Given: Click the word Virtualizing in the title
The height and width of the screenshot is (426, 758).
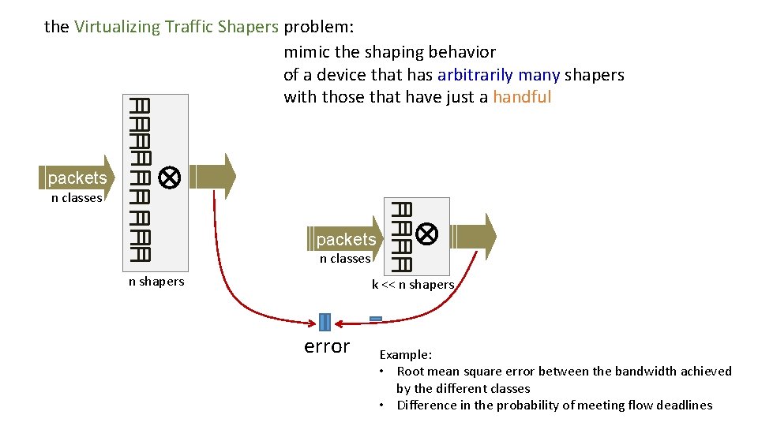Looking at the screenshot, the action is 117,27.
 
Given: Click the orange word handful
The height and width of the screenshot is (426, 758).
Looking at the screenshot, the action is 522,97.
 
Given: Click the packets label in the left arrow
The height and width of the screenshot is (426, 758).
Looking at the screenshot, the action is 77,177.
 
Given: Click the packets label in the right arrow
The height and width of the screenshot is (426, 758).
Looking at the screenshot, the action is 345,238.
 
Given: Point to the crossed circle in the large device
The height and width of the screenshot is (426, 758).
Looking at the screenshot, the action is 169,177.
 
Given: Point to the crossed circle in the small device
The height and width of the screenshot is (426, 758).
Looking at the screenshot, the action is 427,234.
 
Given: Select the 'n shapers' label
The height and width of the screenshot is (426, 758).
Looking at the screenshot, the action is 156,282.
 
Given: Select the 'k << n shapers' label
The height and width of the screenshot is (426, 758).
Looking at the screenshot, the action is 413,285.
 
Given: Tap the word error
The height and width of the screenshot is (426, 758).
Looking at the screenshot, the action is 327,346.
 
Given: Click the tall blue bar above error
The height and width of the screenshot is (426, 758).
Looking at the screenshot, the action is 325,322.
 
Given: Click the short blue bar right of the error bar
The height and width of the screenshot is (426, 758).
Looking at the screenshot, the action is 376,319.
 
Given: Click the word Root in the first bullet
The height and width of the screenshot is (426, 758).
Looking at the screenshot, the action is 410,372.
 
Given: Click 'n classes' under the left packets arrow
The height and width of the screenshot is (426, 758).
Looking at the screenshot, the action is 77,198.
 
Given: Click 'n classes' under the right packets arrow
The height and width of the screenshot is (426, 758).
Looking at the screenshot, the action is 345,259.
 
